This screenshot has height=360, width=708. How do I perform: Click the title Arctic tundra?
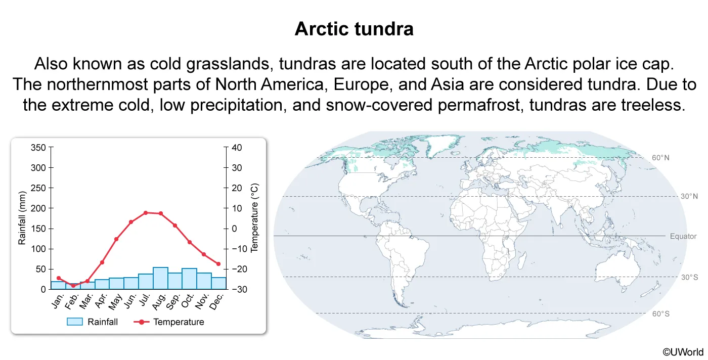[354, 29]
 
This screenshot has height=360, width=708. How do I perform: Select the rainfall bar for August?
[160, 278]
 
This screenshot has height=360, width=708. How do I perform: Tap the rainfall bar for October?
[189, 279]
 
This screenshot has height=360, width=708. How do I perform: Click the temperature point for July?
[146, 213]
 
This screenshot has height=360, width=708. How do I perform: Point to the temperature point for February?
[73, 285]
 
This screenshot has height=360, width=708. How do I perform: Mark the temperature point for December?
[218, 263]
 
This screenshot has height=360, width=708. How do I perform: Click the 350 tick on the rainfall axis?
[38, 148]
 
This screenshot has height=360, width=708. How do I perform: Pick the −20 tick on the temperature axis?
[239, 269]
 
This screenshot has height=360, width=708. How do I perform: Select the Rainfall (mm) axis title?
[21, 218]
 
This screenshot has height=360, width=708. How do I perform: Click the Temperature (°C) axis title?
[254, 218]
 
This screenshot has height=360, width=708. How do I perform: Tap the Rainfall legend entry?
[92, 322]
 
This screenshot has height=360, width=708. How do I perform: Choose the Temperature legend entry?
[169, 322]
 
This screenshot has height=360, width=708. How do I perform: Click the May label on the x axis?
[115, 301]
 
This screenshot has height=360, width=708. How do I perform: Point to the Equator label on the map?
[683, 236]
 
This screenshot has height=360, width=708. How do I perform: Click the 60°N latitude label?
[660, 157]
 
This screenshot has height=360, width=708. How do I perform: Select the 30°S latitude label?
[689, 277]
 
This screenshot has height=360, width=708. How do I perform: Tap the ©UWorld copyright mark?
[683, 352]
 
